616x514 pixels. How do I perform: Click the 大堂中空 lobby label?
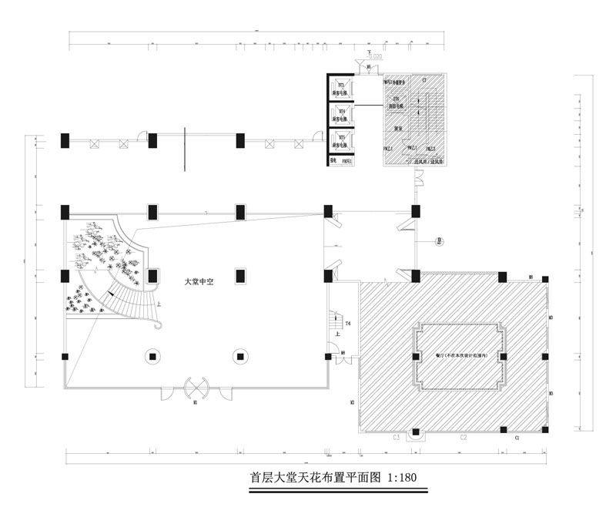(x=198, y=282)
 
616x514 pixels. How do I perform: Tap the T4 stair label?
(x=348, y=324)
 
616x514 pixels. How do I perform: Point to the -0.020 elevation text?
(x=375, y=56)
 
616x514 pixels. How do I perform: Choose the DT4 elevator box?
(x=340, y=116)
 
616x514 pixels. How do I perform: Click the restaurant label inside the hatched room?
(x=460, y=355)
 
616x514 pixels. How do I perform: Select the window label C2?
(x=464, y=437)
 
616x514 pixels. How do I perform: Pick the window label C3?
(x=397, y=437)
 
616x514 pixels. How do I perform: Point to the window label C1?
(x=517, y=437)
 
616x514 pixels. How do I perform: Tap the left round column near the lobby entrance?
(x=153, y=356)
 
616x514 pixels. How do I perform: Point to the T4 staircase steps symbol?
(x=335, y=317)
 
